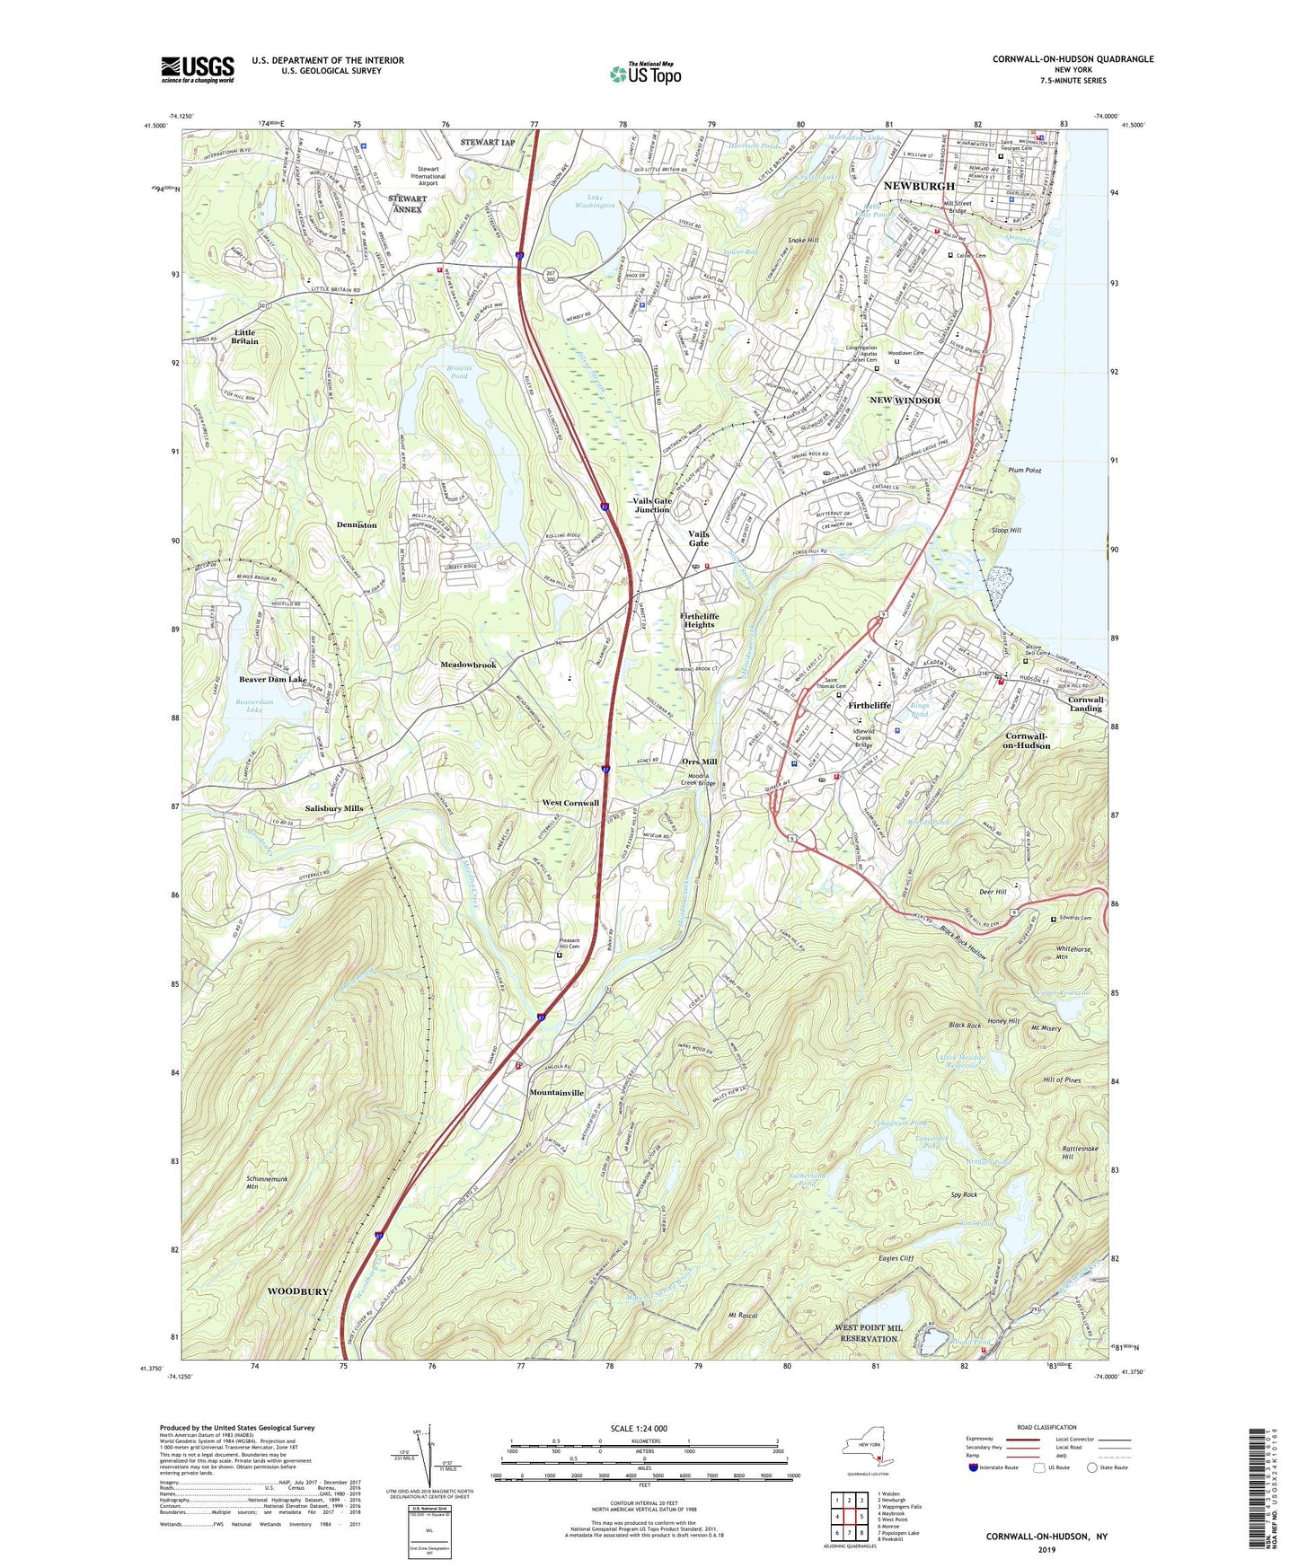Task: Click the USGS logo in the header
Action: point(198,69)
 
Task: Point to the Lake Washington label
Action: point(595,201)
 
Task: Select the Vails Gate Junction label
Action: point(652,506)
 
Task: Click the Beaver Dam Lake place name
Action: point(273,680)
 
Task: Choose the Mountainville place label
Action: point(557,1093)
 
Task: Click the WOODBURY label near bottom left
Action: point(298,1291)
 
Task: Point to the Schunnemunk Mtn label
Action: point(239,1182)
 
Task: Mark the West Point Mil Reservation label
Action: point(869,1333)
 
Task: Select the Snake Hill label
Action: point(802,241)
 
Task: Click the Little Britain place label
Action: point(244,337)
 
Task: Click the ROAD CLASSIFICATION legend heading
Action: point(1046,1427)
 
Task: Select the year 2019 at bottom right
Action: point(1046,1550)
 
